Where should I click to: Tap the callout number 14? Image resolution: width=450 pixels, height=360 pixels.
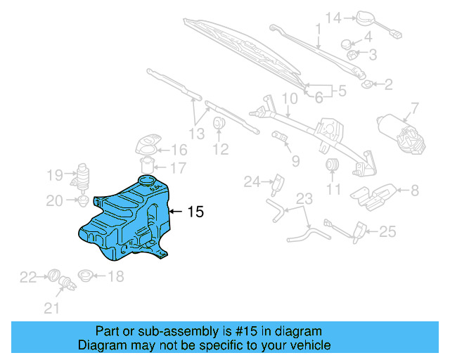[x=333, y=18]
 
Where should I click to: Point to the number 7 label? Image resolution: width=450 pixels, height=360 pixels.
[x=414, y=108]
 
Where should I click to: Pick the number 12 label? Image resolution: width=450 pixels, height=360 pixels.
[x=221, y=149]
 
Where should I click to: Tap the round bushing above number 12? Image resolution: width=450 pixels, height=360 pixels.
[x=219, y=124]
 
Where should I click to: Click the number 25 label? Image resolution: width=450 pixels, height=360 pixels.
[x=388, y=231]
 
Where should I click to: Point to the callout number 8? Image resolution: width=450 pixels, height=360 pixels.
[x=414, y=189]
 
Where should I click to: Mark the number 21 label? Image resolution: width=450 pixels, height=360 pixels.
[x=52, y=308]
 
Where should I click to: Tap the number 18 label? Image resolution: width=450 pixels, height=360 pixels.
[x=115, y=276]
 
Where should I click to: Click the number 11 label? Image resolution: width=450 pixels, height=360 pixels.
[x=333, y=189]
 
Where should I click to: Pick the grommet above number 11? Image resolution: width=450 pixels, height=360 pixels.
[x=333, y=166]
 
